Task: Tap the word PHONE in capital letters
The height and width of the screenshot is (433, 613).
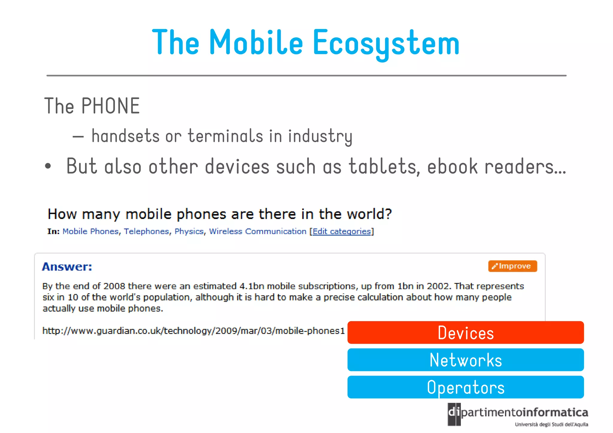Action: [110, 106]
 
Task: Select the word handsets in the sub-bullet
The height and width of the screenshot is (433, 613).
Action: [125, 136]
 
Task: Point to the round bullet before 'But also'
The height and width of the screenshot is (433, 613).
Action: [48, 166]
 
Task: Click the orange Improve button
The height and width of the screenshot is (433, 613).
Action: [512, 266]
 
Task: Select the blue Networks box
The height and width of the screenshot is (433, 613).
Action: [465, 360]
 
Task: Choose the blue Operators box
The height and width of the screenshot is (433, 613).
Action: [465, 387]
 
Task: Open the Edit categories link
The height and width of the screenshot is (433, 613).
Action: [342, 231]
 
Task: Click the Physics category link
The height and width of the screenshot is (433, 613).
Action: [189, 231]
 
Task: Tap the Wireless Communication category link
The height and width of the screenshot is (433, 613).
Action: [257, 231]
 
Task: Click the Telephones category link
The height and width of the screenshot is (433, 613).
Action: [146, 231]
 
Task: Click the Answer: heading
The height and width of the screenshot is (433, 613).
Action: [67, 267]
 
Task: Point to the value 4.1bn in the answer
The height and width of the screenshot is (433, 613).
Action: [252, 286]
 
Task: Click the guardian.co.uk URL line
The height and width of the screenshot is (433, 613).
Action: [193, 331]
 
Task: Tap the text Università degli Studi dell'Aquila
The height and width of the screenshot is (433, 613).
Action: [551, 424]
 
